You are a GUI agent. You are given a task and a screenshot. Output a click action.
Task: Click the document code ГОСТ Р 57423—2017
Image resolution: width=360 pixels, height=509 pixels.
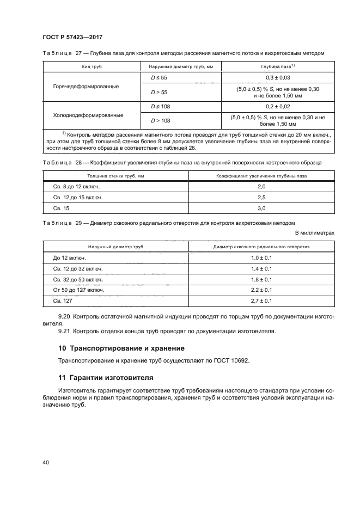72,37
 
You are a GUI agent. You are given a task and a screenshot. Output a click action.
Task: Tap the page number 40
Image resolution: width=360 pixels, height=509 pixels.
46,462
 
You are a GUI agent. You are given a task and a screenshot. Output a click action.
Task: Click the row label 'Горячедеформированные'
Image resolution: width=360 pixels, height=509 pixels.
86,87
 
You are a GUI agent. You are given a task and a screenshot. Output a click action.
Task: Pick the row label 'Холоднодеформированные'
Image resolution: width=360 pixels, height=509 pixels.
86,115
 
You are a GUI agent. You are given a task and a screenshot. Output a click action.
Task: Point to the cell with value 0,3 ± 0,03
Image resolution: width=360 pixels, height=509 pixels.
274,78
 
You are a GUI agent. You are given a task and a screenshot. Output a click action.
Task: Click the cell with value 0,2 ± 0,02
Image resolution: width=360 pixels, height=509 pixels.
274,107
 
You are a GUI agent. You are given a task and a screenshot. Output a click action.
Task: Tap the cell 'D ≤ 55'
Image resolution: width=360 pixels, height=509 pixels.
158,78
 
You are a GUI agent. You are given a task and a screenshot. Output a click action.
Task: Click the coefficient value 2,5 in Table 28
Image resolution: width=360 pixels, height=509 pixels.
261,197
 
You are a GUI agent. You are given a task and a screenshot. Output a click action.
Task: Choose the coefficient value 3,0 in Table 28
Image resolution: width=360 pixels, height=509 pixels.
261,208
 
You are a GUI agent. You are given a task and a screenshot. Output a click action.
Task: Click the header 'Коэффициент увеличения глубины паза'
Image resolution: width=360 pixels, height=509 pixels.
261,175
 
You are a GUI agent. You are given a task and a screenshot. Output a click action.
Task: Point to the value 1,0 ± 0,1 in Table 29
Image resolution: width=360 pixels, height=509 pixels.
261,257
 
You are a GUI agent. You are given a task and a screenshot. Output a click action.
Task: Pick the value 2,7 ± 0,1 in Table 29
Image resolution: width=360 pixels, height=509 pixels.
261,301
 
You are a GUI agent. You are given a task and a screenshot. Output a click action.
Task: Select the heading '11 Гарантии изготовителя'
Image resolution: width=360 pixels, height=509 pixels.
106,377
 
